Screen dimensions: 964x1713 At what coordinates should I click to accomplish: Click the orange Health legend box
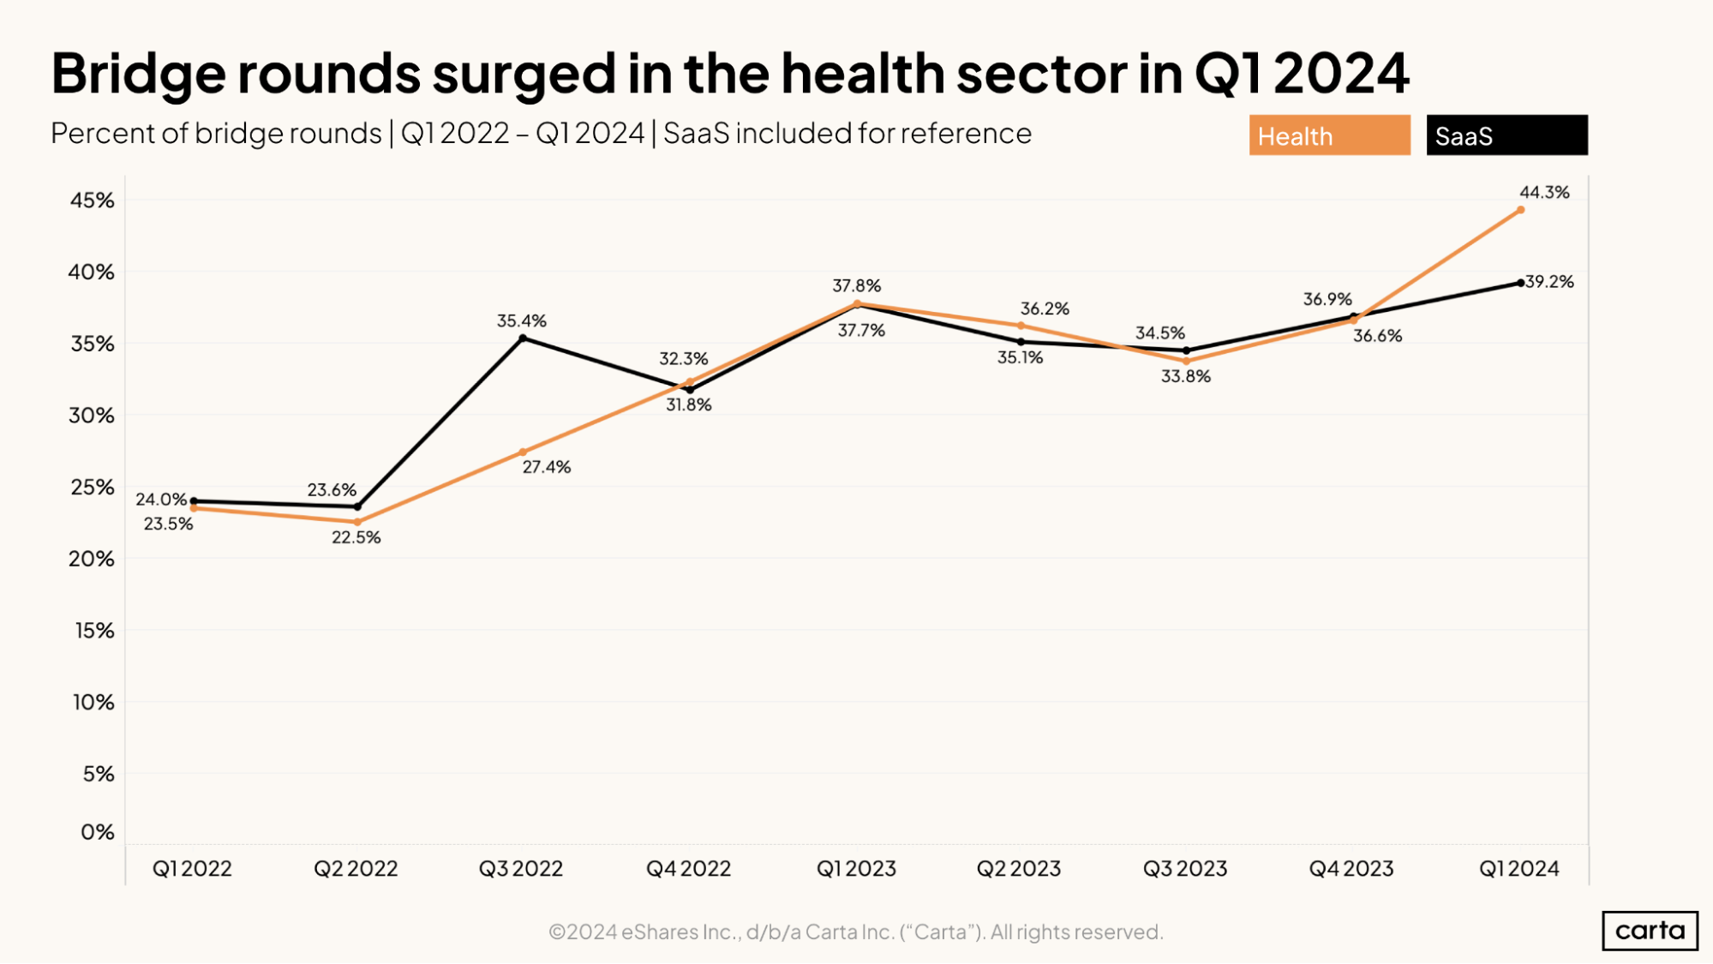pyautogui.click(x=1329, y=135)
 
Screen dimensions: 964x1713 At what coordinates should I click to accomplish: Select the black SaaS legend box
pyautogui.click(x=1506, y=135)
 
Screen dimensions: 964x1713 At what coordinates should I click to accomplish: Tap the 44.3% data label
pyautogui.click(x=1544, y=192)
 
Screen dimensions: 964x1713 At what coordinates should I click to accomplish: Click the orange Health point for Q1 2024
pyautogui.click(x=1520, y=210)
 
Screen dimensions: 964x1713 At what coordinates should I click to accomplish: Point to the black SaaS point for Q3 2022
pyautogui.click(x=523, y=338)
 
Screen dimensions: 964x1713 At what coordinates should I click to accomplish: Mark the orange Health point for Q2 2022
pyautogui.click(x=357, y=522)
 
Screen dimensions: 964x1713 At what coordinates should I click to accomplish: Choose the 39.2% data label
pyautogui.click(x=1549, y=282)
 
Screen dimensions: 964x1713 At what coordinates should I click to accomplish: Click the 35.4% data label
pyautogui.click(x=521, y=320)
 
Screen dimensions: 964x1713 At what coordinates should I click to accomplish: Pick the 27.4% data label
pyautogui.click(x=546, y=467)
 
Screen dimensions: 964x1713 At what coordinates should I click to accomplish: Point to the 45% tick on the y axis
pyautogui.click(x=92, y=201)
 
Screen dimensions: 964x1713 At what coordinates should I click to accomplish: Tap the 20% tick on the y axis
pyautogui.click(x=91, y=559)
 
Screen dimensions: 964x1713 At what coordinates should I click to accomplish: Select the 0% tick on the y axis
pyautogui.click(x=97, y=832)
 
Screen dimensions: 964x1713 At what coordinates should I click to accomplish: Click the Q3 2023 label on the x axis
pyautogui.click(x=1185, y=869)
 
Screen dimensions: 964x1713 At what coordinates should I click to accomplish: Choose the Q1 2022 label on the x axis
pyautogui.click(x=192, y=869)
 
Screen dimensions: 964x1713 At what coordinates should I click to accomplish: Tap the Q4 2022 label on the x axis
pyautogui.click(x=688, y=869)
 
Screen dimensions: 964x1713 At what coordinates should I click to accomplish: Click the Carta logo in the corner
pyautogui.click(x=1650, y=931)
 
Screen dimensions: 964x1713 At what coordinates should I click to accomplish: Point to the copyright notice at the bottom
pyautogui.click(x=855, y=932)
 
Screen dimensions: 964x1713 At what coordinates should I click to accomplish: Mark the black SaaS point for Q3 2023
pyautogui.click(x=1186, y=350)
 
